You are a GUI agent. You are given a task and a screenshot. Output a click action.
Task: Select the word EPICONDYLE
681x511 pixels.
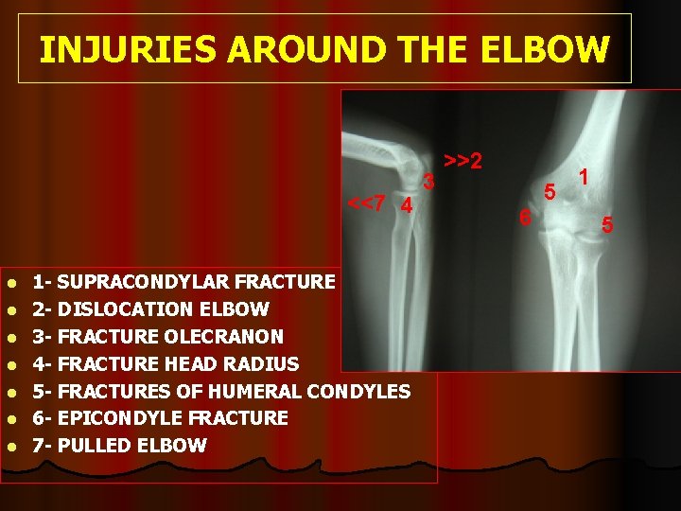click(119, 418)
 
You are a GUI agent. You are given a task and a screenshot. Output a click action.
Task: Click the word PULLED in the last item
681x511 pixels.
click(94, 446)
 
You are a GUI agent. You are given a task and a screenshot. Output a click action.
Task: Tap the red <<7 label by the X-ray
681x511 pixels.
click(366, 203)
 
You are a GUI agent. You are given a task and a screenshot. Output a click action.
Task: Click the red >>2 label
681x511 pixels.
click(463, 162)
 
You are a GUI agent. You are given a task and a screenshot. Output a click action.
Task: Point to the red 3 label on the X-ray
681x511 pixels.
click(428, 181)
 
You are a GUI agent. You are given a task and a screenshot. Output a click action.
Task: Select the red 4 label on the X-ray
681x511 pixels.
click(406, 205)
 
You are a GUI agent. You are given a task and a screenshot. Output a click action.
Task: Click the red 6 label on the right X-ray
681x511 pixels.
click(526, 218)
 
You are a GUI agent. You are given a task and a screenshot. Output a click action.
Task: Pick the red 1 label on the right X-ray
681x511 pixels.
click(585, 176)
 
